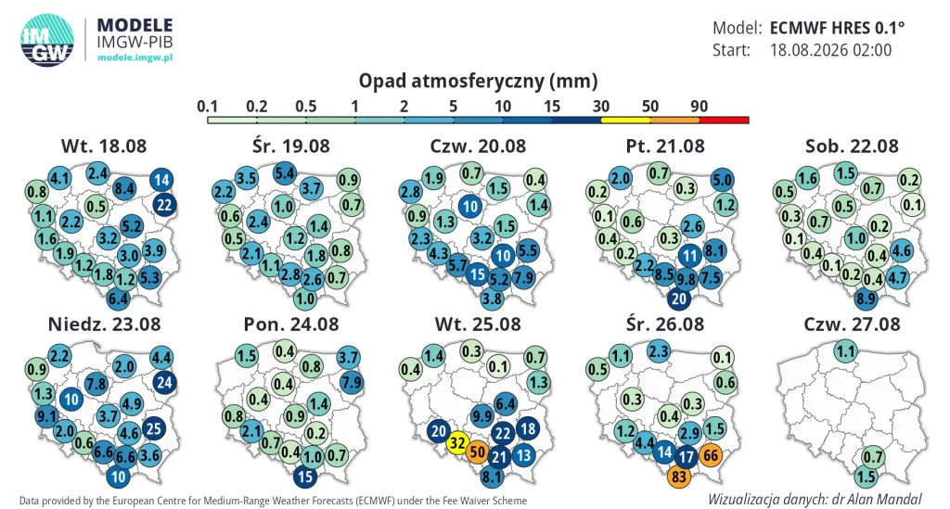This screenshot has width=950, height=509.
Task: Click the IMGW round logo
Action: click(x=47, y=40)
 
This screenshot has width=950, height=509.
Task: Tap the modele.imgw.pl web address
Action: click(x=135, y=57)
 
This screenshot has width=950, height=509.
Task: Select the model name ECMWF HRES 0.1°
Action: click(x=838, y=28)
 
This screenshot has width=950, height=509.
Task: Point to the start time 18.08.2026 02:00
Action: click(x=830, y=50)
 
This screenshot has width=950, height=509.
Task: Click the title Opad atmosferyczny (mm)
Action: click(x=478, y=81)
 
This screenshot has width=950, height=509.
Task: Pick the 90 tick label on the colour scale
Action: click(x=700, y=107)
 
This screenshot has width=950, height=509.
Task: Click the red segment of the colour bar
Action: click(x=724, y=121)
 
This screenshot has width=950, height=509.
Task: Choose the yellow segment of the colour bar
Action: click(x=626, y=121)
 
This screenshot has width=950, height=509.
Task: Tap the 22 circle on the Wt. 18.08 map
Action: click(x=164, y=205)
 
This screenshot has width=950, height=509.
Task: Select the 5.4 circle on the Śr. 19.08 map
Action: click(x=285, y=173)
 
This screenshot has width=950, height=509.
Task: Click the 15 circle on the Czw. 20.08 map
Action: click(x=478, y=274)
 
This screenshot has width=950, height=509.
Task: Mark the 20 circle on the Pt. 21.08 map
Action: click(x=679, y=299)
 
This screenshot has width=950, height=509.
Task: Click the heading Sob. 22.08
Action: click(x=852, y=146)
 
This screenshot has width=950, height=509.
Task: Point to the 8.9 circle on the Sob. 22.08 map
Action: click(x=866, y=299)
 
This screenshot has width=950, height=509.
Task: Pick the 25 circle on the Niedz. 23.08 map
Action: click(x=154, y=428)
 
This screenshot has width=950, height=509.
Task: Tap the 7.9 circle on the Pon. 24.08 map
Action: click(x=352, y=383)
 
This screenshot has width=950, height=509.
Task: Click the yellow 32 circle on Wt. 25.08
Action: click(x=456, y=443)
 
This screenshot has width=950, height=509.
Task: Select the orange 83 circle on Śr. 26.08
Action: click(x=679, y=477)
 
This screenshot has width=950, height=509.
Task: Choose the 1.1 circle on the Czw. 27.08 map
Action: click(x=845, y=351)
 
